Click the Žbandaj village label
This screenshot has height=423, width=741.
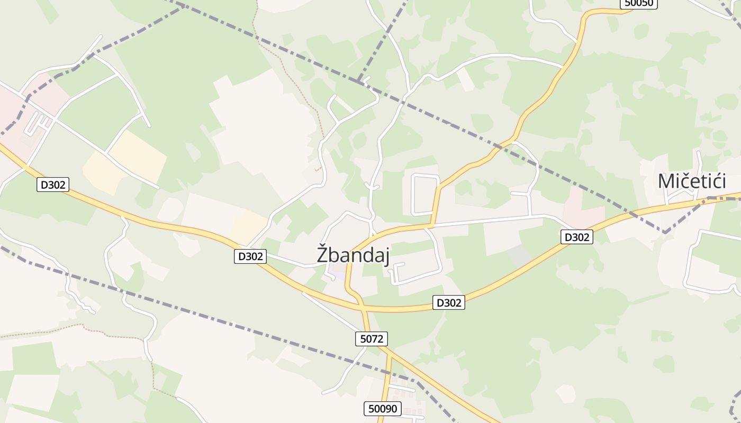[353, 255]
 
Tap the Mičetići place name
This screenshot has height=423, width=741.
[691, 181]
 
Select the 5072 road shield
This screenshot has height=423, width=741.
[371, 339]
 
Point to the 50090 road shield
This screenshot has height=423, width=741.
[383, 409]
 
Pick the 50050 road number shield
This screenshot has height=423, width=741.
[638, 3]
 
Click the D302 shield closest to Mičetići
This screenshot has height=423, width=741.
[576, 237]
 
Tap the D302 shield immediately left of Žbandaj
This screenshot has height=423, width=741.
[250, 256]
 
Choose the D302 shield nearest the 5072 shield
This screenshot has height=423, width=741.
[448, 303]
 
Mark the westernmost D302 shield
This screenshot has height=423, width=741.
[53, 185]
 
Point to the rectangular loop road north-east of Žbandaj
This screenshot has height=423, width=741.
[425, 194]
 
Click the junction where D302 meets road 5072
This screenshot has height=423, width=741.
[362, 306]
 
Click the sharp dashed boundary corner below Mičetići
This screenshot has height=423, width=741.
[664, 232]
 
